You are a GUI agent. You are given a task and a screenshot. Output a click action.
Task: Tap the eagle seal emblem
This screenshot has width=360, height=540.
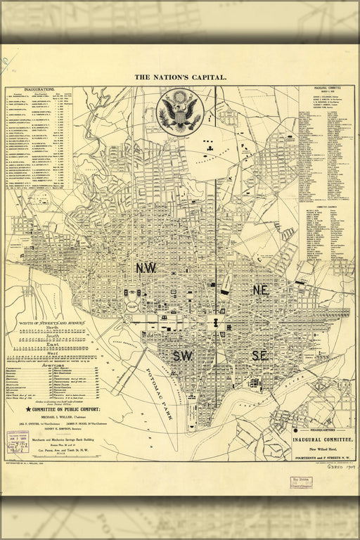[180, 110]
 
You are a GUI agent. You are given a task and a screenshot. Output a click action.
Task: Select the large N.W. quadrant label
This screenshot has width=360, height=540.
[147, 268]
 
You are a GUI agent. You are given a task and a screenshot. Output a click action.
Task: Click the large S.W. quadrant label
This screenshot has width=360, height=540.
[183, 356]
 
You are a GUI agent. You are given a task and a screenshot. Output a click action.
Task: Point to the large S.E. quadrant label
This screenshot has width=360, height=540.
[259, 356]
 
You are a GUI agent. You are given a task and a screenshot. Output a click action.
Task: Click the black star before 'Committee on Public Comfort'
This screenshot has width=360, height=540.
[29, 409]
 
